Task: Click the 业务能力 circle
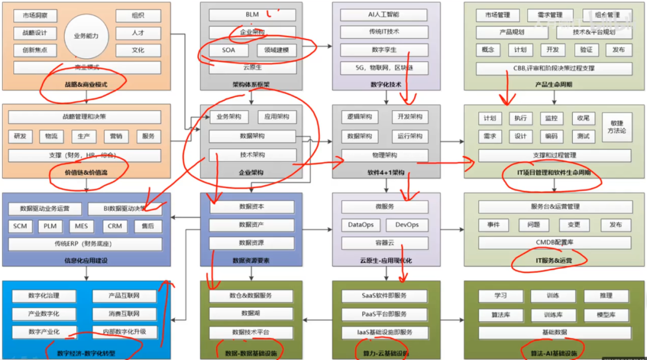86,36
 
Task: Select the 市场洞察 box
35,16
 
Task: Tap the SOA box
228,50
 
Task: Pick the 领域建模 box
276,50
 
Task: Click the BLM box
252,14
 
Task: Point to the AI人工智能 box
383,14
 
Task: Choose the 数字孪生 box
383,50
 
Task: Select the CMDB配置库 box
554,243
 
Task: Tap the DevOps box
407,225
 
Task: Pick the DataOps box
361,225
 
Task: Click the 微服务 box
384,207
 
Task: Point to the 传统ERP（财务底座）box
85,244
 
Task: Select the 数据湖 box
251,313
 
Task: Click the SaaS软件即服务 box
384,296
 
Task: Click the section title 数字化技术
386,84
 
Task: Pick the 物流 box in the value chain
52,137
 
